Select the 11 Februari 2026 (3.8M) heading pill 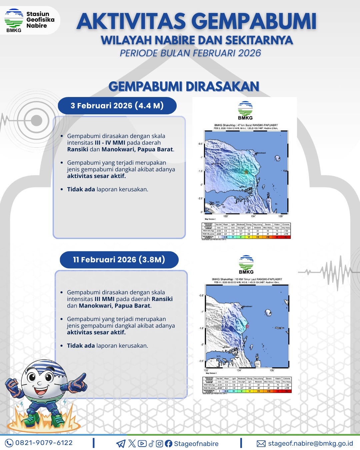[119, 260]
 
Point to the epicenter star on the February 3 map [246, 172]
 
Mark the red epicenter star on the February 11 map [247, 326]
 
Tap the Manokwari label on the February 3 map [261, 153]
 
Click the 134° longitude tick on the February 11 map [239, 370]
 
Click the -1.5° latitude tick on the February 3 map [200, 171]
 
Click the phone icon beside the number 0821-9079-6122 [9, 443]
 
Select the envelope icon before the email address [261, 444]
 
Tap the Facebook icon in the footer [169, 444]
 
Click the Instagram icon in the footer [160, 444]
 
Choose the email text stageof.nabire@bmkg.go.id [310, 444]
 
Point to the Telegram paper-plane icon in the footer [121, 444]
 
